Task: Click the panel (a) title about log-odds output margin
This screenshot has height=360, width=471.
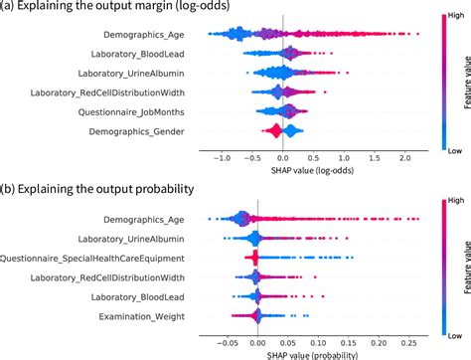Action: pyautogui.click(x=104, y=9)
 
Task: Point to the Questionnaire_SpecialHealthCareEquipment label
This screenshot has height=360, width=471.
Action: pyautogui.click(x=97, y=258)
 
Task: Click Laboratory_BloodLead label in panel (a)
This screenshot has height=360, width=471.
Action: pyautogui.click(x=134, y=54)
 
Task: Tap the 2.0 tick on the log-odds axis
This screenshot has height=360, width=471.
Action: pyautogui.click(x=405, y=157)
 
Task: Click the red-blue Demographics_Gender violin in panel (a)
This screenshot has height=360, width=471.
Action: pyautogui.click(x=275, y=131)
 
